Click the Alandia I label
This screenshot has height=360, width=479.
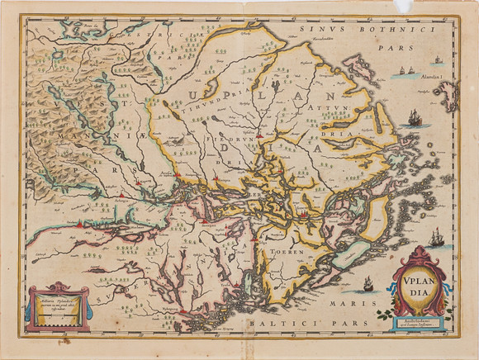430,78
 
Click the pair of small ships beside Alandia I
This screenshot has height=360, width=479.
402,72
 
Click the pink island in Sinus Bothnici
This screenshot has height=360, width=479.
358,63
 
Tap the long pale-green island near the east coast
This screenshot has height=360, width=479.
351,251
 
